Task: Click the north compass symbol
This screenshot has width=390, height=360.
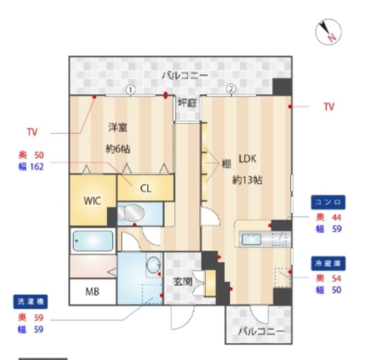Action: (328, 32)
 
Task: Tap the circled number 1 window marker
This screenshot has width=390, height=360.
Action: (131, 90)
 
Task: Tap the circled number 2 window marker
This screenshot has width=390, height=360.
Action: (231, 89)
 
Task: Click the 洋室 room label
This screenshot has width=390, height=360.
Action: (118, 127)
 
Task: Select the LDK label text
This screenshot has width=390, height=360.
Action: (248, 159)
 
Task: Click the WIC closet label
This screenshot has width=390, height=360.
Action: (92, 201)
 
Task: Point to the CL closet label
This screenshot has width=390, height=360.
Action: (146, 189)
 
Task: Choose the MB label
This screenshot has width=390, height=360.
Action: (92, 292)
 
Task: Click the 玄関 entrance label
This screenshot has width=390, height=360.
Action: (183, 282)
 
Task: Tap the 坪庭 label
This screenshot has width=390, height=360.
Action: (187, 102)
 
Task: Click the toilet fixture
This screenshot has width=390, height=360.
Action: (131, 213)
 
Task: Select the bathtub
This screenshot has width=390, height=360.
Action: (93, 241)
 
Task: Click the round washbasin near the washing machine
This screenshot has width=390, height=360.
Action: (153, 265)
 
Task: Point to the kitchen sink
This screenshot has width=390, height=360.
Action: (251, 239)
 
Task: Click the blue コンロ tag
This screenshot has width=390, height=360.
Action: (328, 202)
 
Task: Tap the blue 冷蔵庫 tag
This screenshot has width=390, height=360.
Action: (328, 263)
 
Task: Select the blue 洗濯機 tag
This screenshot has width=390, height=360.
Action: (30, 302)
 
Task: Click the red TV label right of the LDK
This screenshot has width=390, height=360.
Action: (329, 107)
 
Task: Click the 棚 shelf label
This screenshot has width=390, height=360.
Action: (226, 164)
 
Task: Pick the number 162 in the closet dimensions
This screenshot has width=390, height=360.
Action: (37, 167)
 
